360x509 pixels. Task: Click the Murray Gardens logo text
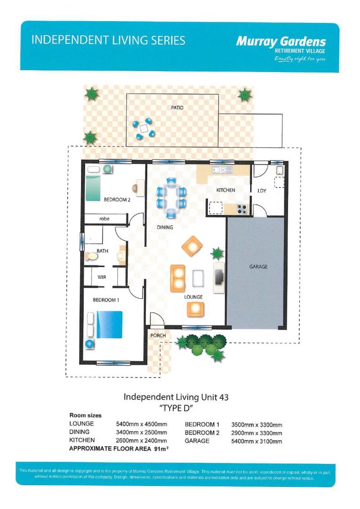click(x=281, y=42)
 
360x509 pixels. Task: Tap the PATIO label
click(x=177, y=107)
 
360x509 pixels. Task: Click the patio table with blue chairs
click(x=143, y=128)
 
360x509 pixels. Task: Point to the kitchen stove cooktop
click(x=242, y=209)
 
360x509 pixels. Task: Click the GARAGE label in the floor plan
click(x=258, y=266)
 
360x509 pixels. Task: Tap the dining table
click(x=172, y=197)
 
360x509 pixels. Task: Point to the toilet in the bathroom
click(x=91, y=256)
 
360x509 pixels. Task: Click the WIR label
click(x=102, y=277)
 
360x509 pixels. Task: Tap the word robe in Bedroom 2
click(x=104, y=219)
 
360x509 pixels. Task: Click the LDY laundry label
click(x=262, y=190)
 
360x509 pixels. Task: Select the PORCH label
click(x=158, y=336)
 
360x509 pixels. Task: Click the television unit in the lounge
click(x=219, y=278)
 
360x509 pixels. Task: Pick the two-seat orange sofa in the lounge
click(x=178, y=279)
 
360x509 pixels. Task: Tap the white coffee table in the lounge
click(x=198, y=278)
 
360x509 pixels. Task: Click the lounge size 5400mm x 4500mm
click(x=141, y=424)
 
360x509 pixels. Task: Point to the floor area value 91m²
click(x=161, y=449)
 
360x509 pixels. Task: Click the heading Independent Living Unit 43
click(x=176, y=397)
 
